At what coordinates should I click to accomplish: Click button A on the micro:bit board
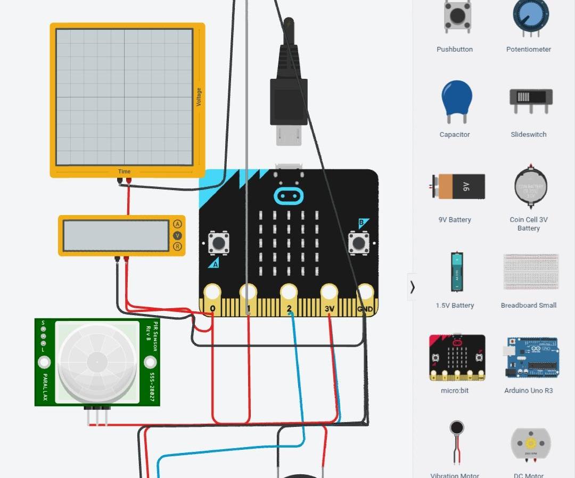(x=218, y=243)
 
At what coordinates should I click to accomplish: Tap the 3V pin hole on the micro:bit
(x=329, y=292)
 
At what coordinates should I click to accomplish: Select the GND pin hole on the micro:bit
(x=365, y=292)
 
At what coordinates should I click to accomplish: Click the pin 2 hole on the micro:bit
(x=289, y=292)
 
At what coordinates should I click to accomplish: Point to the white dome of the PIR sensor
(x=97, y=362)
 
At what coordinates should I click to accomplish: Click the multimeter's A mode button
(x=177, y=224)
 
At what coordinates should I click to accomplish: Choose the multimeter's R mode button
(x=177, y=246)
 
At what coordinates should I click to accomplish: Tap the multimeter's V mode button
(x=177, y=235)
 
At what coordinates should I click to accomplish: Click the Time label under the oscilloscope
(x=124, y=171)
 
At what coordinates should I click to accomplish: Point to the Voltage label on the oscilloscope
(x=199, y=97)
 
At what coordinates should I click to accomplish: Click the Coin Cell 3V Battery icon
(x=530, y=187)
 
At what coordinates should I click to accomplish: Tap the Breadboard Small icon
(x=530, y=271)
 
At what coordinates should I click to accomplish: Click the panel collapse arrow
(x=412, y=287)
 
